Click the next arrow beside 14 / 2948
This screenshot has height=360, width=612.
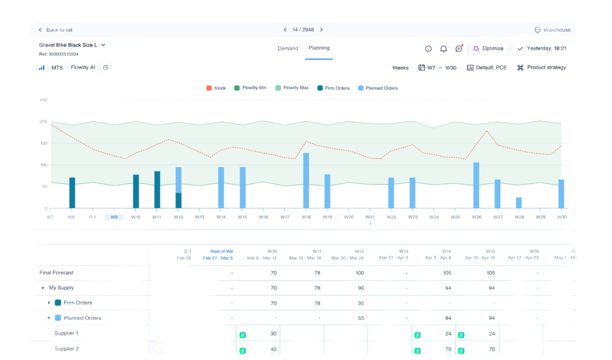tap(321, 30)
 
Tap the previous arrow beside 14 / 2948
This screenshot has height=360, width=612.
tap(285, 30)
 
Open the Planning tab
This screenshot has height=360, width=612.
tap(318, 48)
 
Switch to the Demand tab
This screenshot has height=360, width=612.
tap(288, 48)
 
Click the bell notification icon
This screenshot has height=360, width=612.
tap(443, 48)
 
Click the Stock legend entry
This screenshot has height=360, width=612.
tap(216, 88)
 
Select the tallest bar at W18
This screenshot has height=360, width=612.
tap(306, 180)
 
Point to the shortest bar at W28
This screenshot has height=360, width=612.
tap(519, 202)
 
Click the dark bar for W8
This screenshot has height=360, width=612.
tap(72, 193)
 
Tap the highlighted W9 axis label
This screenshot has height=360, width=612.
tap(114, 217)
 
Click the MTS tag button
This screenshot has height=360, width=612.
tap(57, 67)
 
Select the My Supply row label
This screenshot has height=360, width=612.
tap(61, 288)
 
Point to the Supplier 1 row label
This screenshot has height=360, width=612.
tap(66, 333)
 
